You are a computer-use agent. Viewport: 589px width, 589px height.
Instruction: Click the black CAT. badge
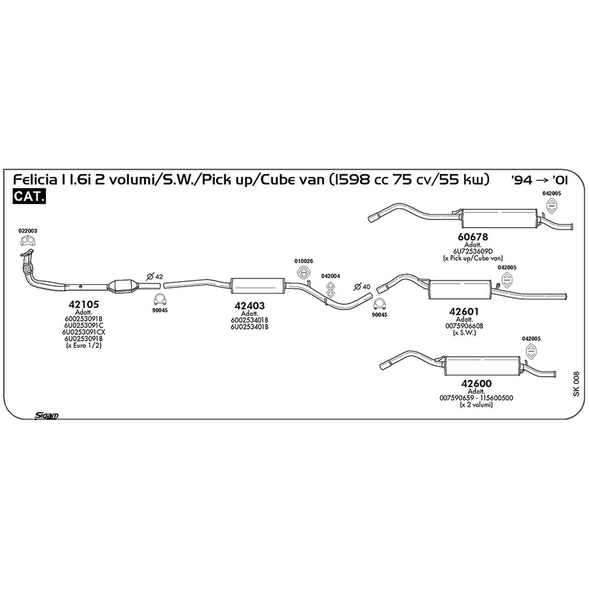(29, 196)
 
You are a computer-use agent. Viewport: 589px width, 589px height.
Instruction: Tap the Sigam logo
(46, 415)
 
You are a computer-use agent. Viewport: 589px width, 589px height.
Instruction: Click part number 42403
(249, 306)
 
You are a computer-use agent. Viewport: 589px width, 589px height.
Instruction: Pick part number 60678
(473, 237)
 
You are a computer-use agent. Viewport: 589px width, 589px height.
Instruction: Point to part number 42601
(464, 312)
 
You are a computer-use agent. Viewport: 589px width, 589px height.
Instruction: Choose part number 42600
(477, 383)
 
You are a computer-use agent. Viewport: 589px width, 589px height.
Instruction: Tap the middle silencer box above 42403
(258, 286)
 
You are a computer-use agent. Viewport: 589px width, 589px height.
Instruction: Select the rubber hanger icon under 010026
(303, 272)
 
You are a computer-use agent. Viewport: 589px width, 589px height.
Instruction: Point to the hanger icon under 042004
(330, 289)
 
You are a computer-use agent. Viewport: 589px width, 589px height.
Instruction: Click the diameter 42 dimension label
(155, 277)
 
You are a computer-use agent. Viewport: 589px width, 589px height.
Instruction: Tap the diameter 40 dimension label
(362, 287)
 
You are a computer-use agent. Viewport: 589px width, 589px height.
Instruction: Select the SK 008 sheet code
(576, 384)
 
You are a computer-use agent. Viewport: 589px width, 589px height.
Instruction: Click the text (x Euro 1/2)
(83, 346)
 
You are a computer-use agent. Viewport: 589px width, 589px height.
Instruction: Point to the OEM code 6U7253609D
(473, 251)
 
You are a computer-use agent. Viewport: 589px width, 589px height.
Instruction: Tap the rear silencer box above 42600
(482, 366)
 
